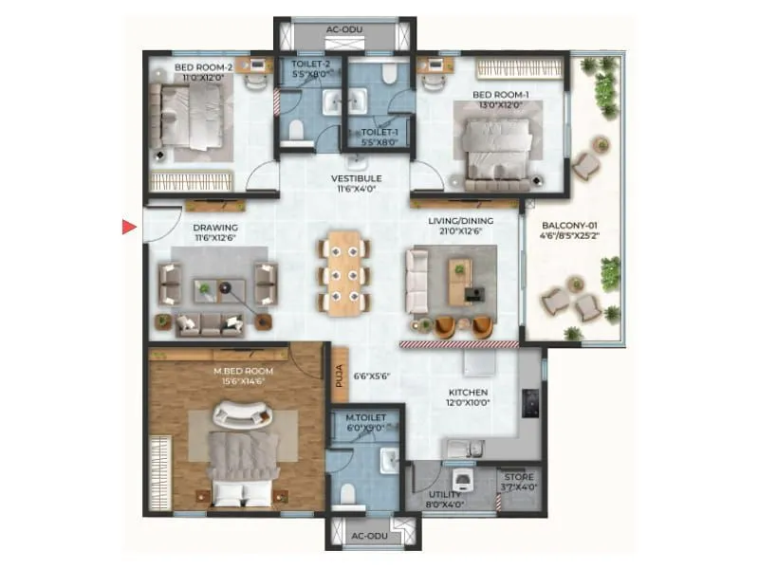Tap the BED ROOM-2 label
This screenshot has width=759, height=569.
tap(202, 68)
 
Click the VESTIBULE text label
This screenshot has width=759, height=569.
tap(356, 178)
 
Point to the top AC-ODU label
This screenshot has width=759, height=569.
tap(344, 29)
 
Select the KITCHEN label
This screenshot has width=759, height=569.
tap(468, 392)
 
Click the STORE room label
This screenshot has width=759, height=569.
tap(519, 477)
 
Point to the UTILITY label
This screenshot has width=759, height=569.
tap(444, 494)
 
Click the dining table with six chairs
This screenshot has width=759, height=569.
tap(344, 272)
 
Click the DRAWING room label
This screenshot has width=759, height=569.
tap(214, 229)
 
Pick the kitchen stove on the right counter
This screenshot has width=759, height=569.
tap(531, 404)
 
